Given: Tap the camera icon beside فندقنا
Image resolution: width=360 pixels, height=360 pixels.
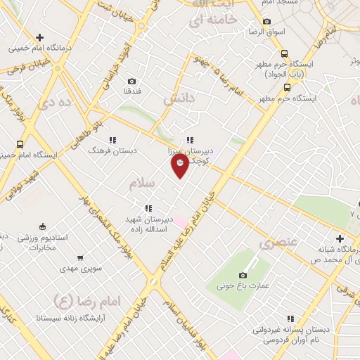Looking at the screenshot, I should [133, 82].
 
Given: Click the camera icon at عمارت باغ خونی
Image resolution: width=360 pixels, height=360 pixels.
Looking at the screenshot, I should [243, 275].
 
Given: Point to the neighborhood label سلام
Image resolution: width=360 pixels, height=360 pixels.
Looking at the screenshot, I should [141, 184].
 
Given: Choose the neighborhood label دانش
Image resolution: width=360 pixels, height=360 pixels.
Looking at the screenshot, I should [179, 100].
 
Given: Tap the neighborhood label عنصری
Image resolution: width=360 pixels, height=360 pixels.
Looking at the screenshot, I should [278, 244].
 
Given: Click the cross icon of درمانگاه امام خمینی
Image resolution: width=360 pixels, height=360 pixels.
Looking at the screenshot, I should [39, 38].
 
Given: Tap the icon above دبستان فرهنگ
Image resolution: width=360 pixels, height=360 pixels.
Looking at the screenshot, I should [112, 140].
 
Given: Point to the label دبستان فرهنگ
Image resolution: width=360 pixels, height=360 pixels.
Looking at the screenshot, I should [112, 150].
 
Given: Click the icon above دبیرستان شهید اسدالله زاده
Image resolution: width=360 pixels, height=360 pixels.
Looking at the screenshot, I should [148, 207].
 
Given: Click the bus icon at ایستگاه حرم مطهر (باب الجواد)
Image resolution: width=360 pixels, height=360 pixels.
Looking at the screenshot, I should [284, 53].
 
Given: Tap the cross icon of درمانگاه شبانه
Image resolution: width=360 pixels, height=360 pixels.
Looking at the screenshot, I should [340, 239].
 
